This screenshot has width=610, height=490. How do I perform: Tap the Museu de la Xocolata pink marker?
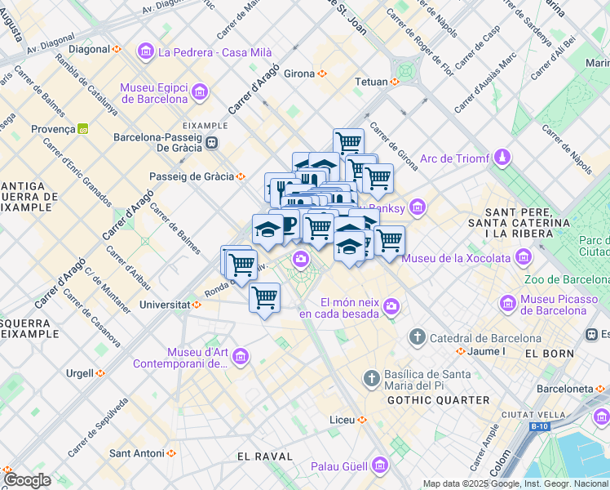click(x=523, y=259)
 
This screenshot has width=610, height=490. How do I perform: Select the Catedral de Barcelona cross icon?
click(x=418, y=337)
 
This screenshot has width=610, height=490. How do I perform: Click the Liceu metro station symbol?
click(x=362, y=420)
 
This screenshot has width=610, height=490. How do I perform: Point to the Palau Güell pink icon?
click(x=379, y=466)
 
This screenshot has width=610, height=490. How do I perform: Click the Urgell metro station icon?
click(x=100, y=373)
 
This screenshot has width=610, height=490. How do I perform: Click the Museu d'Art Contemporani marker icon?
click(x=241, y=357)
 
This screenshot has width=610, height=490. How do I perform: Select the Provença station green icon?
click(x=82, y=129)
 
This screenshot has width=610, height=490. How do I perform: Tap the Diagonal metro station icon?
click(x=117, y=49)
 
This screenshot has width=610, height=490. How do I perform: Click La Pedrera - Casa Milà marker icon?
click(x=146, y=52)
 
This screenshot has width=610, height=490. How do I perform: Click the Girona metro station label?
click(x=299, y=73)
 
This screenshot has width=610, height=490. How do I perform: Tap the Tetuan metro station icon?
click(x=395, y=82)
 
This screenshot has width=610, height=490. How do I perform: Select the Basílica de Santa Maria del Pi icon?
click(x=371, y=379)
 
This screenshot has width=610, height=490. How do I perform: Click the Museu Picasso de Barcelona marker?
click(x=509, y=304)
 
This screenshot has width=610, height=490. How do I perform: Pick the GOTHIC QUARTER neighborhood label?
click(x=438, y=400)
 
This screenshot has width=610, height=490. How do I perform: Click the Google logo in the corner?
click(x=26, y=480)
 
